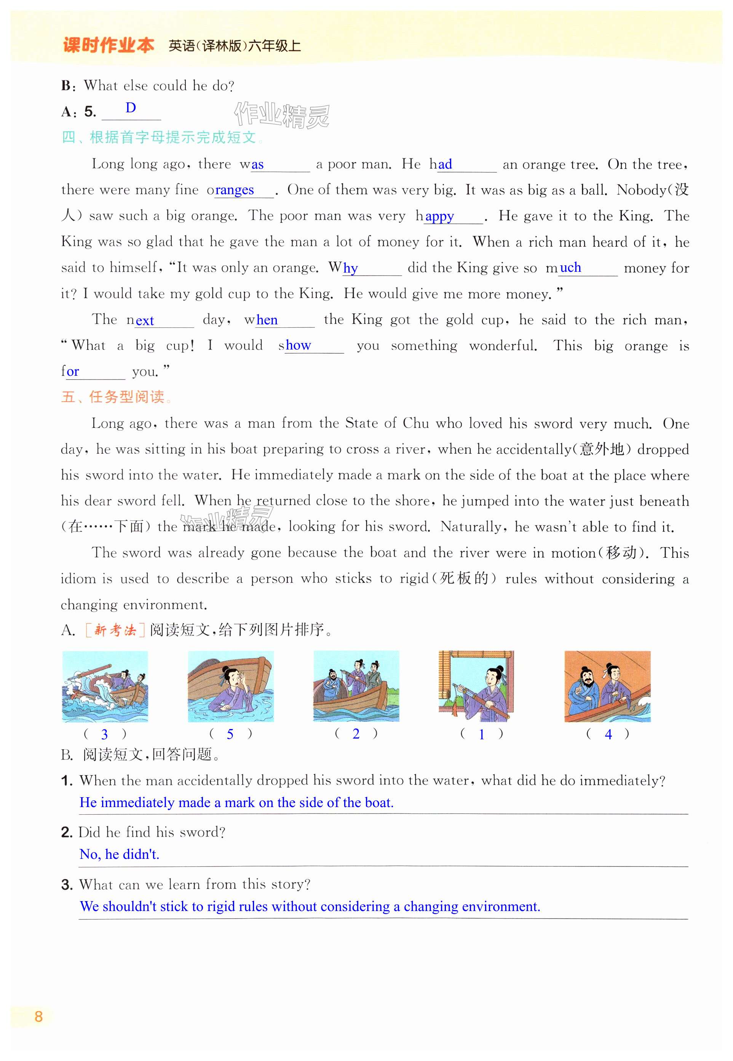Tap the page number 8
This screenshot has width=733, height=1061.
tap(38, 1016)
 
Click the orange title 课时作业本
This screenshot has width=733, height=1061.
tap(109, 45)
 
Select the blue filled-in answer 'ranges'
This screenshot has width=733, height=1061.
tap(234, 190)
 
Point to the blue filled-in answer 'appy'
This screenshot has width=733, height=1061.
tap(439, 216)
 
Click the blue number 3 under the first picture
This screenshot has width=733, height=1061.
tap(105, 734)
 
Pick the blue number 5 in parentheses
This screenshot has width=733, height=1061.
tap(230, 734)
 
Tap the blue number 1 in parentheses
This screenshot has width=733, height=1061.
tap(481, 734)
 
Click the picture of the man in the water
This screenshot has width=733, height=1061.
tap(230, 686)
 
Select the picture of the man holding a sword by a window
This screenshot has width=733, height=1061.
tap(476, 686)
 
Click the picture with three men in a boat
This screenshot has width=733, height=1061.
tap(356, 686)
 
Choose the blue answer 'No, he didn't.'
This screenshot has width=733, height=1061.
tap(120, 854)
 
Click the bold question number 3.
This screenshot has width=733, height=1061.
tap(67, 884)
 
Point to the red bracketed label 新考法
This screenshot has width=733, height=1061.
tap(115, 630)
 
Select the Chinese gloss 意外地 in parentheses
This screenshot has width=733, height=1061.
tap(602, 448)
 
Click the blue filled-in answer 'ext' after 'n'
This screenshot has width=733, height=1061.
tap(145, 321)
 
